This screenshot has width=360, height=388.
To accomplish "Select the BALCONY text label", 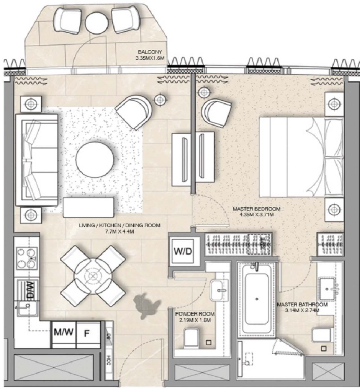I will pyautogui.click(x=150, y=52).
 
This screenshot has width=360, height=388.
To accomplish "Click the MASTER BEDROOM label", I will pyautogui.click(x=256, y=209).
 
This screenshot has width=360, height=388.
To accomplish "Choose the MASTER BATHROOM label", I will pyautogui.click(x=302, y=305).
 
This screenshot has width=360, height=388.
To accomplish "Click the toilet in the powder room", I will pyautogui.click(x=192, y=338).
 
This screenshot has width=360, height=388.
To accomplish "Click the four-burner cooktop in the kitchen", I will pyautogui.click(x=27, y=258).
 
